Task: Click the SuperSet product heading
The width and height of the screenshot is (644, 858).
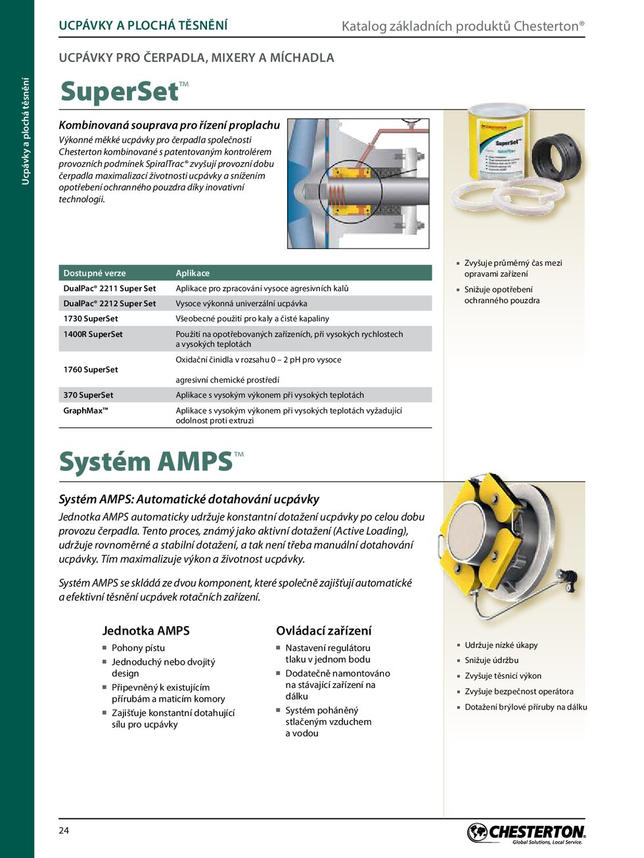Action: click(120, 92)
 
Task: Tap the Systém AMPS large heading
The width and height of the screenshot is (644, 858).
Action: click(146, 462)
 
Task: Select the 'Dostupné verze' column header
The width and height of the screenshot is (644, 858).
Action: click(95, 273)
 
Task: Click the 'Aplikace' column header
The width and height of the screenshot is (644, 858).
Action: click(193, 273)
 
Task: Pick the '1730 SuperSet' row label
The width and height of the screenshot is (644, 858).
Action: click(91, 319)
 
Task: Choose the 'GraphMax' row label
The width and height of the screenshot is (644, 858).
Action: click(85, 411)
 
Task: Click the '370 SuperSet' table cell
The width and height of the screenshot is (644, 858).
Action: click(88, 395)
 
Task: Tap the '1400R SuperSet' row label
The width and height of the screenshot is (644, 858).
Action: click(93, 334)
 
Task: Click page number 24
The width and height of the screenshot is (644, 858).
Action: click(64, 830)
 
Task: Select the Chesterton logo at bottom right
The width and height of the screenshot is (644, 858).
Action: click(526, 833)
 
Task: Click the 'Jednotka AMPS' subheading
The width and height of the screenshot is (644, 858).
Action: click(146, 631)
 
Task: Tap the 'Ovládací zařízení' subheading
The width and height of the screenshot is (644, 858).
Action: click(323, 631)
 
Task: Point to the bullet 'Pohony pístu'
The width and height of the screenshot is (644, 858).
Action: click(138, 648)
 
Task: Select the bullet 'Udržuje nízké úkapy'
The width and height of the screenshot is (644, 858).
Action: click(501, 645)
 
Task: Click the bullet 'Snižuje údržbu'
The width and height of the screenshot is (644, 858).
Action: click(492, 660)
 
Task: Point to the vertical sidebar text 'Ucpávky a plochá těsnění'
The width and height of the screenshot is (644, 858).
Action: click(26, 131)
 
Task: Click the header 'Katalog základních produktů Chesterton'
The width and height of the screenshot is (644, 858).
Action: click(463, 26)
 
